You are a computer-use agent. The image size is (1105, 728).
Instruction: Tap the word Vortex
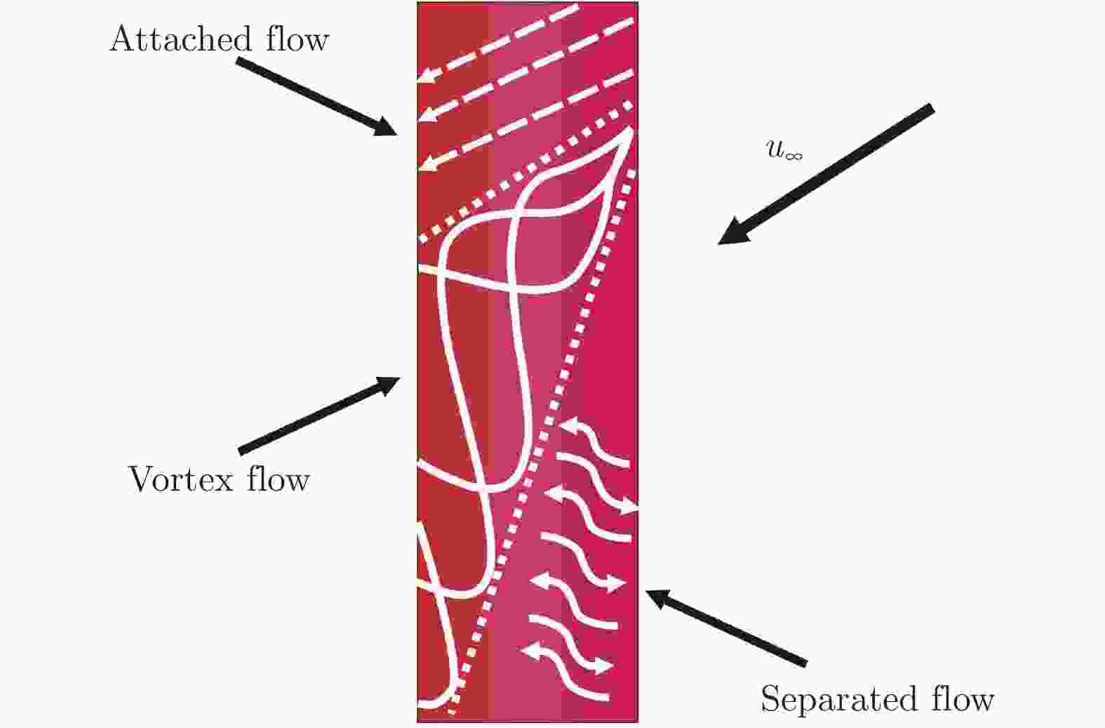coord(180,480)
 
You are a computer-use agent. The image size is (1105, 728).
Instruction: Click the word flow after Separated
coord(962,700)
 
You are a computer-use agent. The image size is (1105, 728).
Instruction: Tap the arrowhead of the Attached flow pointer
coord(388,128)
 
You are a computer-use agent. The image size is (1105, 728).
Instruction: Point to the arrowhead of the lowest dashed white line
coord(426,164)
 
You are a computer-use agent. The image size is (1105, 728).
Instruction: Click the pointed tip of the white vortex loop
coord(632,130)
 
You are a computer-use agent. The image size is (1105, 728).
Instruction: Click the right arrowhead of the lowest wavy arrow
coord(605,665)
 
